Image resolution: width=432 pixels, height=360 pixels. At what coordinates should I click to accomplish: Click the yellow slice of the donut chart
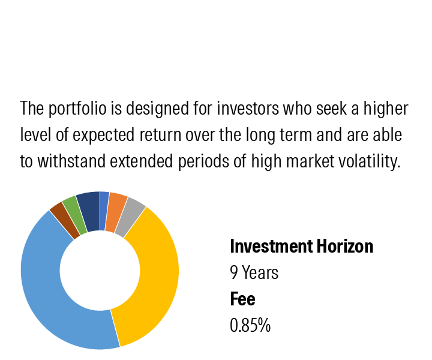coord(157,275)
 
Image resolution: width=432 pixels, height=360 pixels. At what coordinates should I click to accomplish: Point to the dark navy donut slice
coord(89,211)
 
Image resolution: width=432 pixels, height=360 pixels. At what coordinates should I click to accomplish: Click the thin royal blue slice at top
coord(104,211)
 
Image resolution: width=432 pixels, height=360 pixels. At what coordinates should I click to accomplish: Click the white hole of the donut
coord(100,271)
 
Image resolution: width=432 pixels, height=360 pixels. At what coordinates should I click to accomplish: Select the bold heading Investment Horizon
coord(302,246)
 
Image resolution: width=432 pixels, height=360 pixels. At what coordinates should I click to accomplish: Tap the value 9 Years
coord(254,272)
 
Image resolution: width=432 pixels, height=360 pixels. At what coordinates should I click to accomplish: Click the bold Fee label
coord(243,299)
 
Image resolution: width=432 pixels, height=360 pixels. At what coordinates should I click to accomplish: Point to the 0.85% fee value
coord(250,325)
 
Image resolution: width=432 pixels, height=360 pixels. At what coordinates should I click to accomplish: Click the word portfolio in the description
coord(77,109)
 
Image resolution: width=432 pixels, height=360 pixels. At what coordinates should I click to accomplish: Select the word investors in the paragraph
coord(248,108)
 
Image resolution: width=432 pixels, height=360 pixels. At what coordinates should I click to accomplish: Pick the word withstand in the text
coord(71,161)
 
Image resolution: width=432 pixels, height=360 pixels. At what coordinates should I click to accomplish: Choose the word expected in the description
coord(104,135)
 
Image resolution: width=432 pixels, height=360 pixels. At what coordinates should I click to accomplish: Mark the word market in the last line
coord(310,161)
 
